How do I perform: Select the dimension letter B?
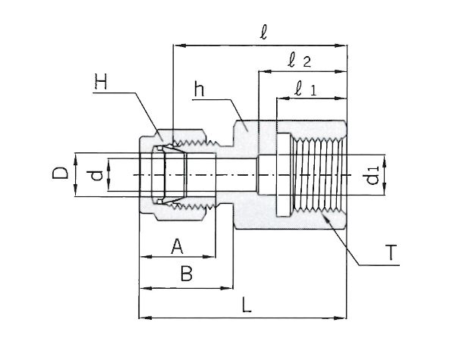coord(185,274)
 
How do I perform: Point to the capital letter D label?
coord(63,174)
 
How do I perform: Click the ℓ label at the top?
coord(263,33)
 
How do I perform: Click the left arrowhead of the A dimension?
coord(142,258)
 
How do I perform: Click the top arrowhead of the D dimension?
coord(75,155)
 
